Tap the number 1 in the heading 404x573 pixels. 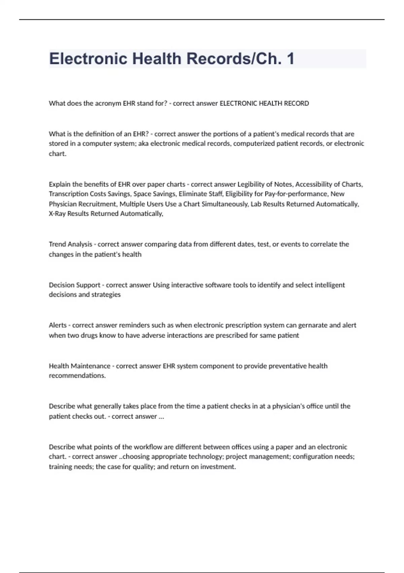point(290,59)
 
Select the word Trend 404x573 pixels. point(58,244)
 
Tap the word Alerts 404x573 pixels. point(58,325)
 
